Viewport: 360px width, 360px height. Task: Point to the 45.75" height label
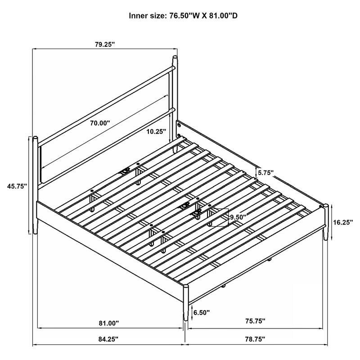click(17, 185)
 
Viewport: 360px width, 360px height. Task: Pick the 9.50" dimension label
click(239, 217)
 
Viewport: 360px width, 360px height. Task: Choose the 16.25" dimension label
click(342, 221)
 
